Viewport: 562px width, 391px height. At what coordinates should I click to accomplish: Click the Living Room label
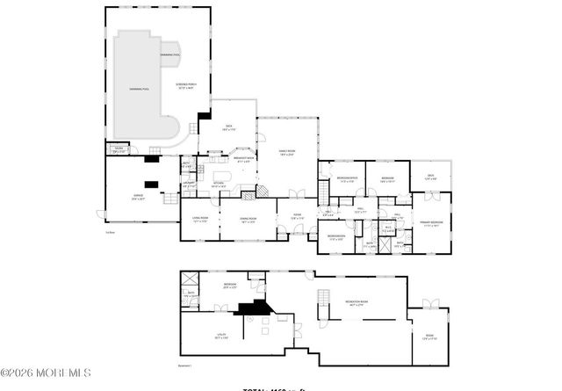coord(200,220)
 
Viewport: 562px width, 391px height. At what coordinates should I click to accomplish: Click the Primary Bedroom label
coord(429,224)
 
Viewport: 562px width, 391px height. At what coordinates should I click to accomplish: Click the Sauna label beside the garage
coord(117,149)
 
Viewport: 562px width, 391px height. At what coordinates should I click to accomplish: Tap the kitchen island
coord(221,176)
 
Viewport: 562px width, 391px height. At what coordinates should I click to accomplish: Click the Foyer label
coord(298,218)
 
